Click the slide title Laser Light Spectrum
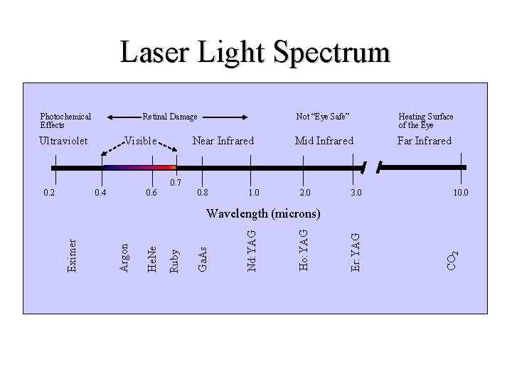(255, 53)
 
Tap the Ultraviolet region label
(64, 141)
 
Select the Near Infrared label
(223, 141)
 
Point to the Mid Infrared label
(324, 141)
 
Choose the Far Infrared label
(425, 141)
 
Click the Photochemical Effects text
(65, 121)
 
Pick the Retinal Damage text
(170, 117)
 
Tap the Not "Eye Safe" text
(324, 117)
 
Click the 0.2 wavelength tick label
(48, 193)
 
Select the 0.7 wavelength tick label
(176, 183)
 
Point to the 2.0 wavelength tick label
(304, 193)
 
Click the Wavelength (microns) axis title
(263, 213)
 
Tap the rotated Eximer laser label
(72, 254)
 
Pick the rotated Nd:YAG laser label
(252, 249)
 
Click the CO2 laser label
(453, 260)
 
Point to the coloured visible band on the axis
(139, 168)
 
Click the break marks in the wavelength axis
(371, 168)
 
